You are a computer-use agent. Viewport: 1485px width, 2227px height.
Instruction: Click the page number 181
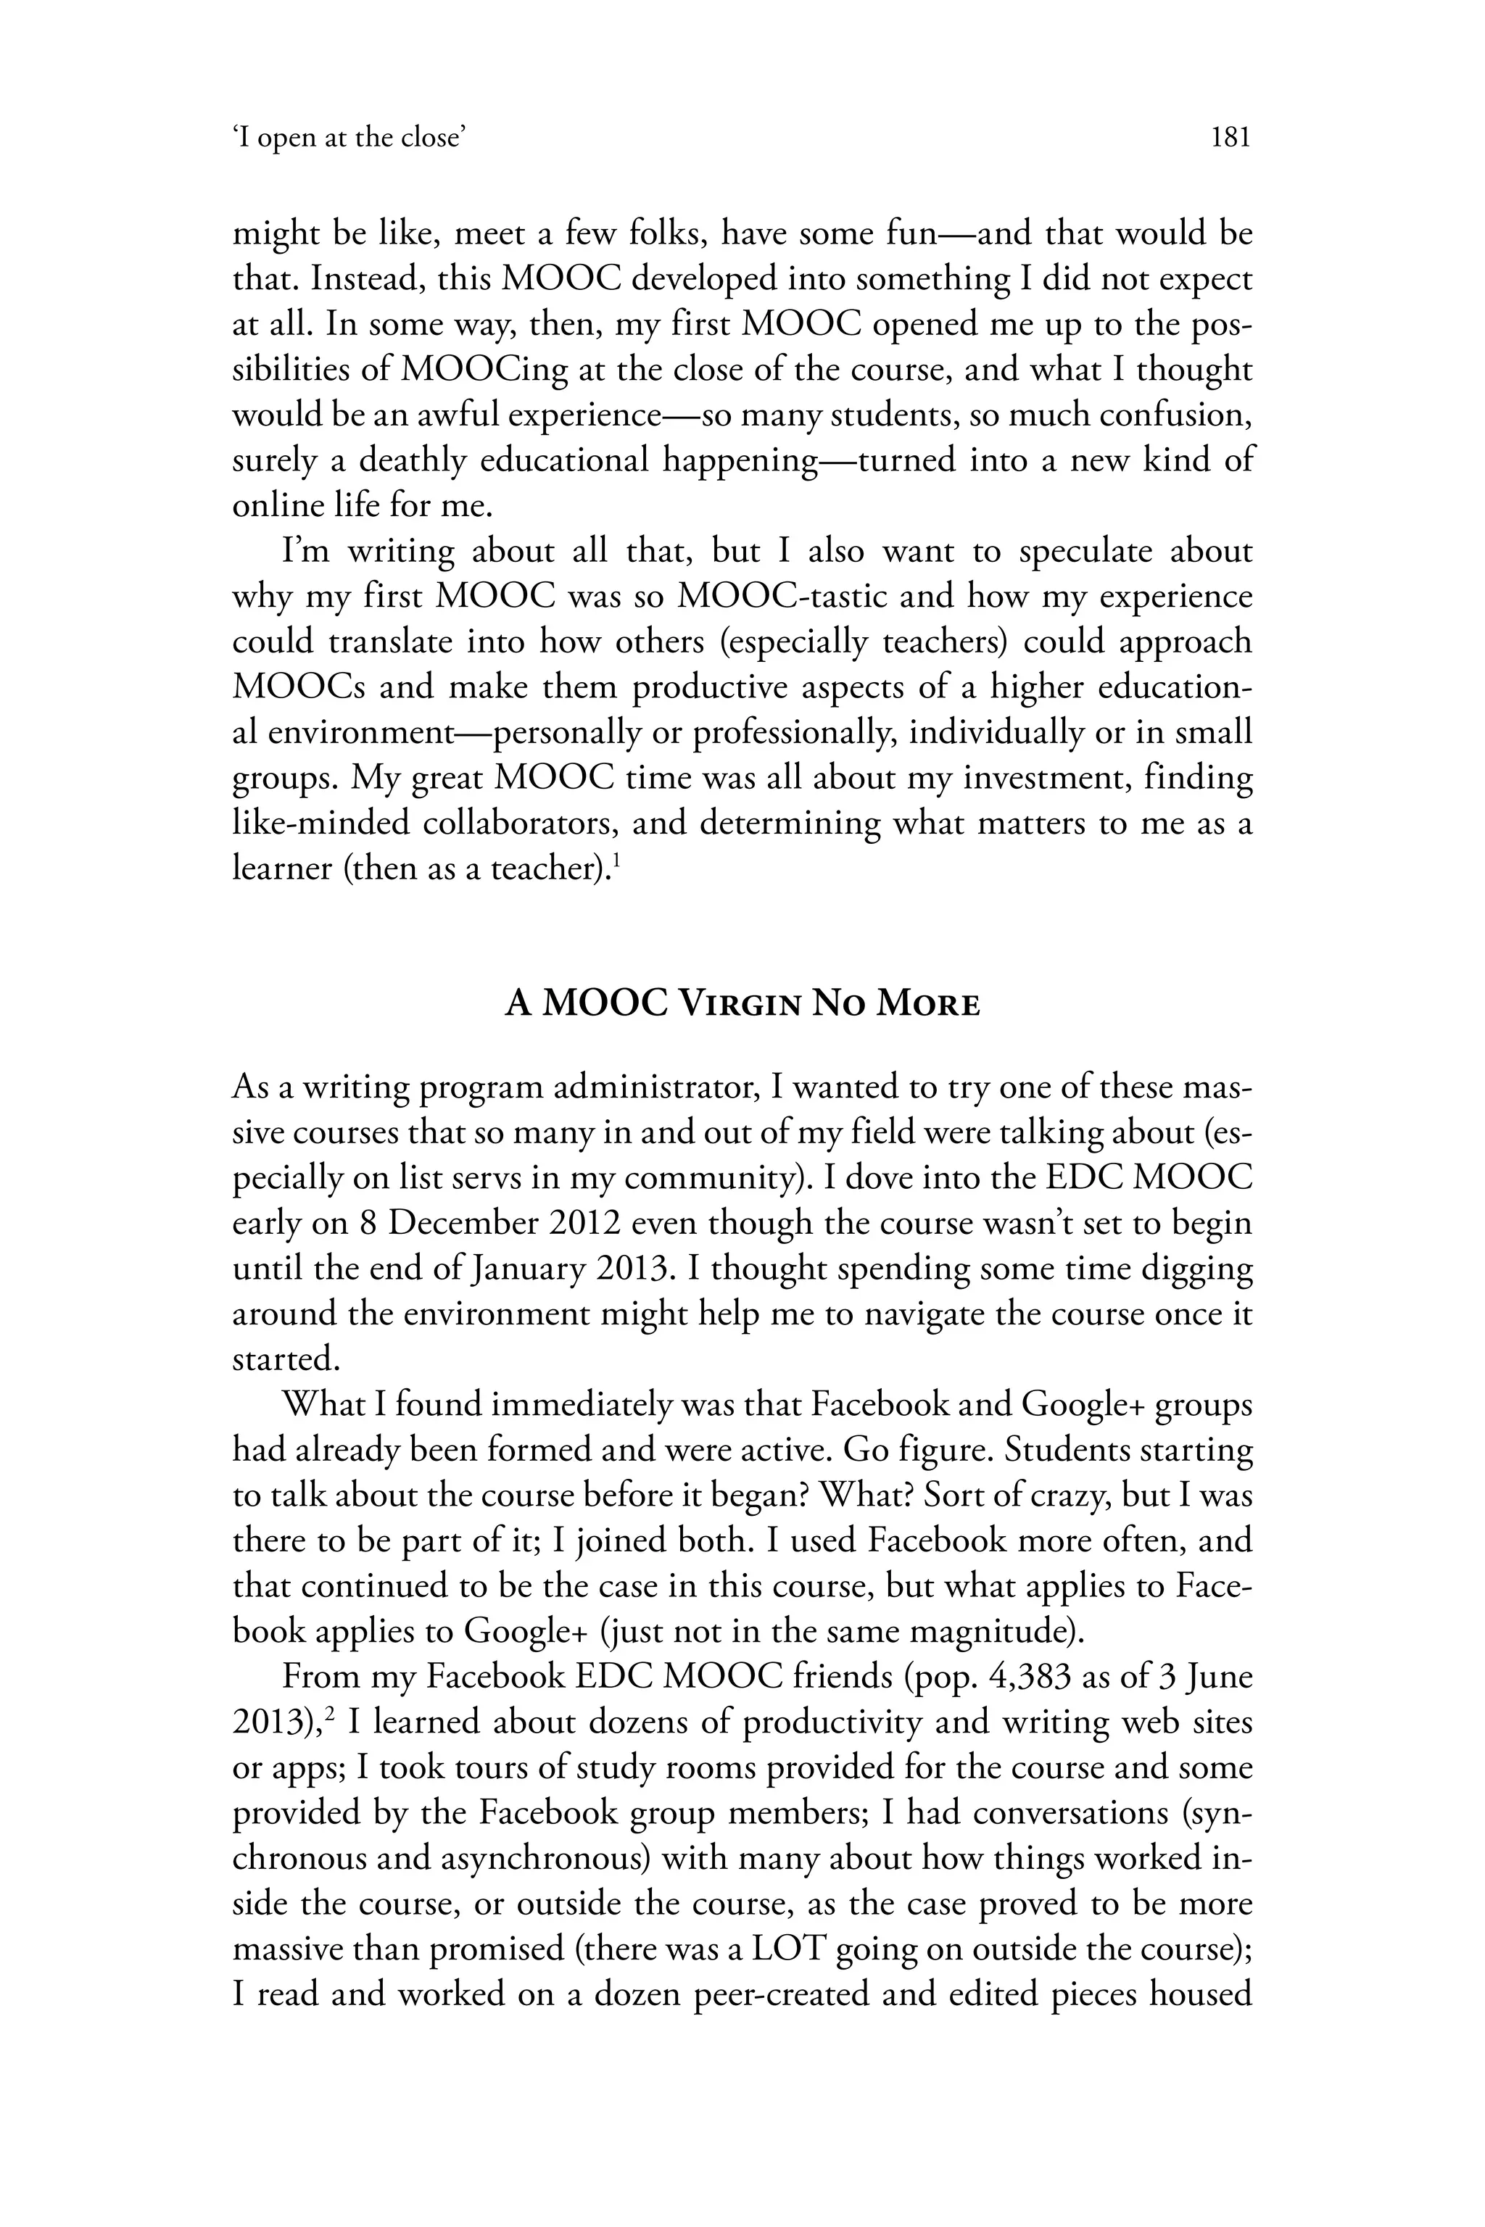1231,138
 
